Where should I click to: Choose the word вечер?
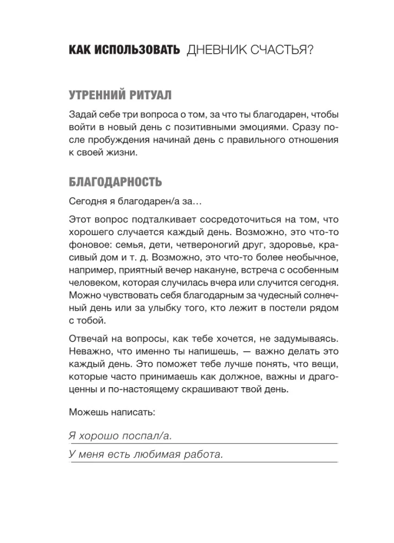(x=180, y=270)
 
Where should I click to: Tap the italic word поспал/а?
(x=148, y=435)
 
